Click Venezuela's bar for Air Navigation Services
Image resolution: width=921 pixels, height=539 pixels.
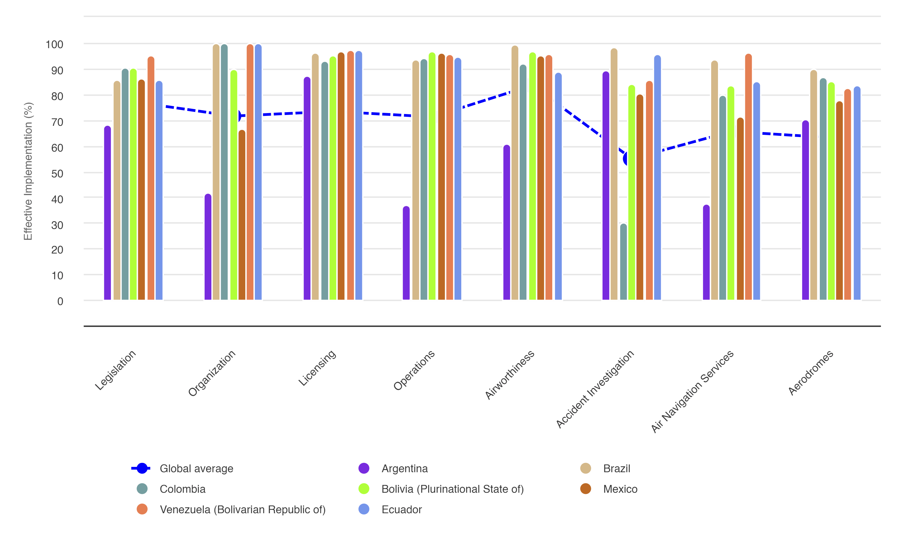pyautogui.click(x=748, y=177)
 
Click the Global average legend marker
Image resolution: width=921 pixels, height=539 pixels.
pyautogui.click(x=142, y=468)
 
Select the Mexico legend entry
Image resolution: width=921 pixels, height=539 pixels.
pyautogui.click(x=620, y=489)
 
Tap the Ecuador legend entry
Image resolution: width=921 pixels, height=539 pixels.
pyautogui.click(x=401, y=509)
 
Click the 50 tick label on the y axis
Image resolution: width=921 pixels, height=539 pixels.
pyautogui.click(x=57, y=173)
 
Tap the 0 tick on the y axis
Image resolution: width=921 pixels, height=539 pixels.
pyautogui.click(x=60, y=301)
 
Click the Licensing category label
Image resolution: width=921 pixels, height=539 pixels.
pyautogui.click(x=317, y=368)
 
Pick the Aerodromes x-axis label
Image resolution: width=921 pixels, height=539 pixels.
pyautogui.click(x=810, y=372)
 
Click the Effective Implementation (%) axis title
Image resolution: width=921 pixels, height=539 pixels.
pyautogui.click(x=28, y=171)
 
